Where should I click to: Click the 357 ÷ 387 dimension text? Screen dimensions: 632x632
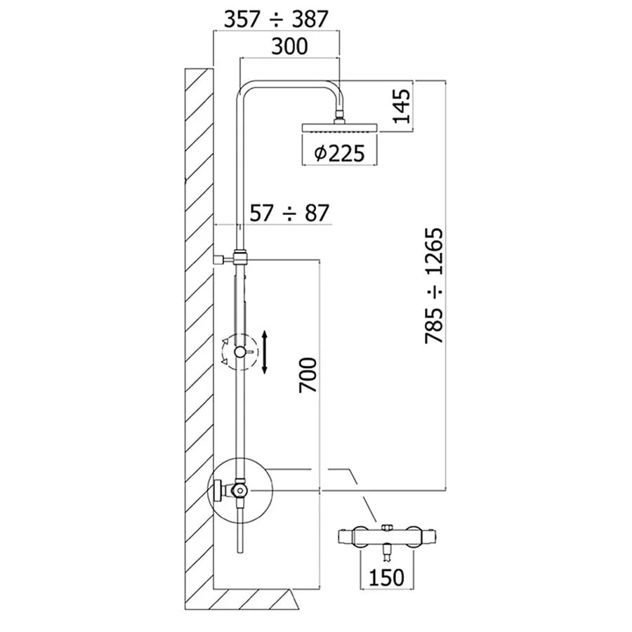(x=275, y=20)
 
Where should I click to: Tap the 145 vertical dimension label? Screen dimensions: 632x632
(x=402, y=106)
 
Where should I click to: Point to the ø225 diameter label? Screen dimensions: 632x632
(x=339, y=152)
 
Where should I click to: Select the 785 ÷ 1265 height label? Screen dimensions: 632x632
(x=436, y=285)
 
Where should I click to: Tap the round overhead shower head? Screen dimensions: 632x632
(x=340, y=128)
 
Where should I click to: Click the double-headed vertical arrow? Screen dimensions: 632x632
(x=265, y=353)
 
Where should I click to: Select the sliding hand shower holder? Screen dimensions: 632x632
(x=241, y=351)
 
